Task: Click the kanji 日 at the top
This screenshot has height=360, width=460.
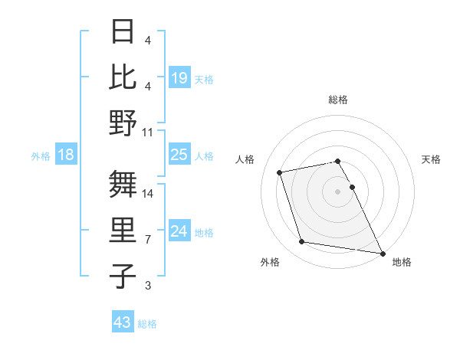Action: (123, 31)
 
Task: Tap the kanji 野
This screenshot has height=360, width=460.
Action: (123, 123)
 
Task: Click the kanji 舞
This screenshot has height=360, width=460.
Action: (123, 184)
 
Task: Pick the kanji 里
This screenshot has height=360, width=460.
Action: (123, 230)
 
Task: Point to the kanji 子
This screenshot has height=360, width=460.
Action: (123, 276)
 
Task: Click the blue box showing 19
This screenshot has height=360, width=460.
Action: (179, 77)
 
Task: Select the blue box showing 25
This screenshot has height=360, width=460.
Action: (179, 155)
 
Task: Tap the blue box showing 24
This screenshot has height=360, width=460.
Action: (179, 231)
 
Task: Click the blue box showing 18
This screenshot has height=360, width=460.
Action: (66, 155)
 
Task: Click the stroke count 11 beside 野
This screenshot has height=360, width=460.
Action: (148, 132)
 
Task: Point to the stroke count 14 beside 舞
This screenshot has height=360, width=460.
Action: (148, 193)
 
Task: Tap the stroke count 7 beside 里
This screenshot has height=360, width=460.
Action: (148, 239)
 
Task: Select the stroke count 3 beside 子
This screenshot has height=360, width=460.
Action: (148, 286)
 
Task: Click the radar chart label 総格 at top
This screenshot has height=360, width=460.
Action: (338, 100)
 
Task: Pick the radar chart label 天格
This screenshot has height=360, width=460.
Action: (432, 159)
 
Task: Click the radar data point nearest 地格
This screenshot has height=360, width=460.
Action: (383, 253)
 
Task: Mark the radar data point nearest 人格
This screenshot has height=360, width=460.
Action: (280, 172)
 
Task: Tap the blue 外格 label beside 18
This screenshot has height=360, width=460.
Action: (41, 155)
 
